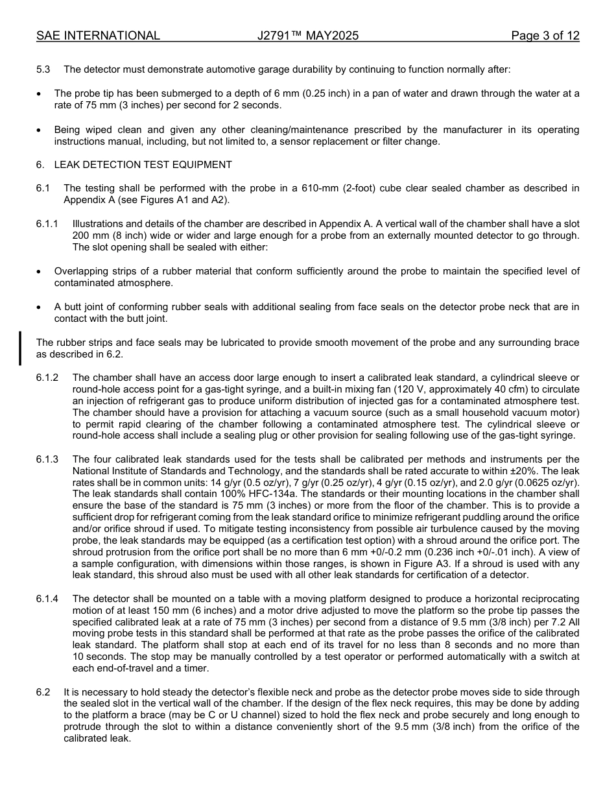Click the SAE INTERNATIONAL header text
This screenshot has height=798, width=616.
(x=98, y=36)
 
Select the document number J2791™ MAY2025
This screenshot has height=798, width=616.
(x=308, y=36)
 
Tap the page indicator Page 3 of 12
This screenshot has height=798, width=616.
(x=545, y=36)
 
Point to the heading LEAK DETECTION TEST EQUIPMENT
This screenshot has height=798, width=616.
(x=143, y=165)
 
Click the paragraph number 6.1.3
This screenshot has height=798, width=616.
(x=47, y=459)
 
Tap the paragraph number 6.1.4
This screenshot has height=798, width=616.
(x=47, y=599)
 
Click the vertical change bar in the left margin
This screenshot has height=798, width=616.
(x=20, y=348)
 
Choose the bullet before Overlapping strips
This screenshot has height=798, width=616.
(x=39, y=271)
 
